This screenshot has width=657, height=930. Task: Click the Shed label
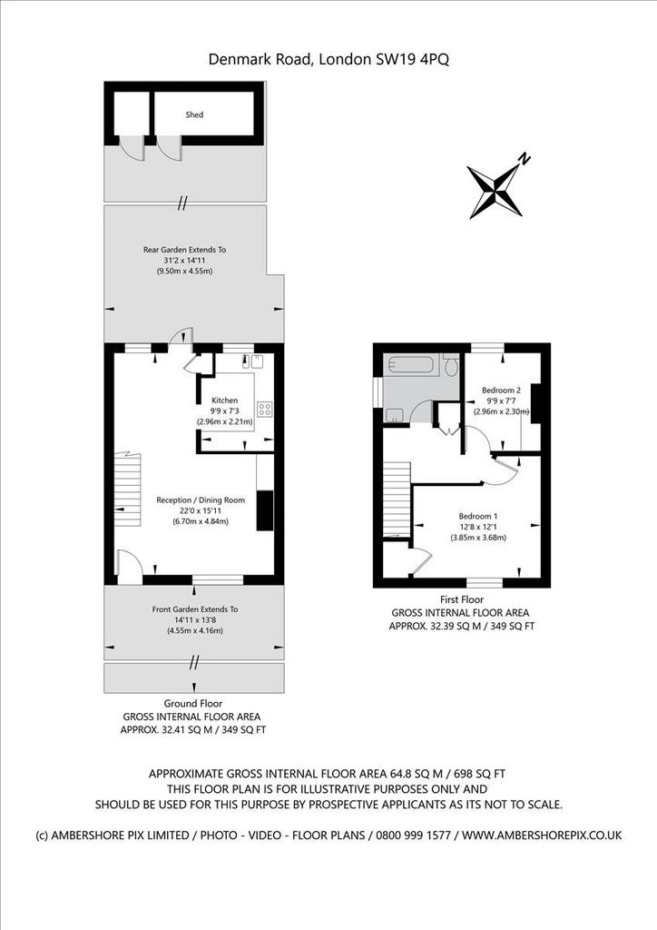point(194,114)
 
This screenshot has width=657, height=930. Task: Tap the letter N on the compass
point(524,158)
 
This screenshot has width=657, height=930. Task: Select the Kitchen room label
point(224,401)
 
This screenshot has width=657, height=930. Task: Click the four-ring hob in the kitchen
point(265,409)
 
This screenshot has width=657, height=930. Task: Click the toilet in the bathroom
point(451,365)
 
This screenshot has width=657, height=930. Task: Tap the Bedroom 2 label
point(501,391)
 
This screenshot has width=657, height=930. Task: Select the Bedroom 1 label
point(478,516)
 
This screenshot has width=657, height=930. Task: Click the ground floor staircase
point(128,489)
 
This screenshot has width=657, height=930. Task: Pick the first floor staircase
point(397,499)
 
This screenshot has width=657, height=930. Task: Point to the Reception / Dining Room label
point(201,500)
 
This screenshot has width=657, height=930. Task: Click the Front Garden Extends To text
point(195,609)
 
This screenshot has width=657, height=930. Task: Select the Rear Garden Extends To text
point(184,250)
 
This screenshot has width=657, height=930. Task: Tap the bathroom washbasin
point(394,415)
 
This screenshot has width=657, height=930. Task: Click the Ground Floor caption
point(193,704)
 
